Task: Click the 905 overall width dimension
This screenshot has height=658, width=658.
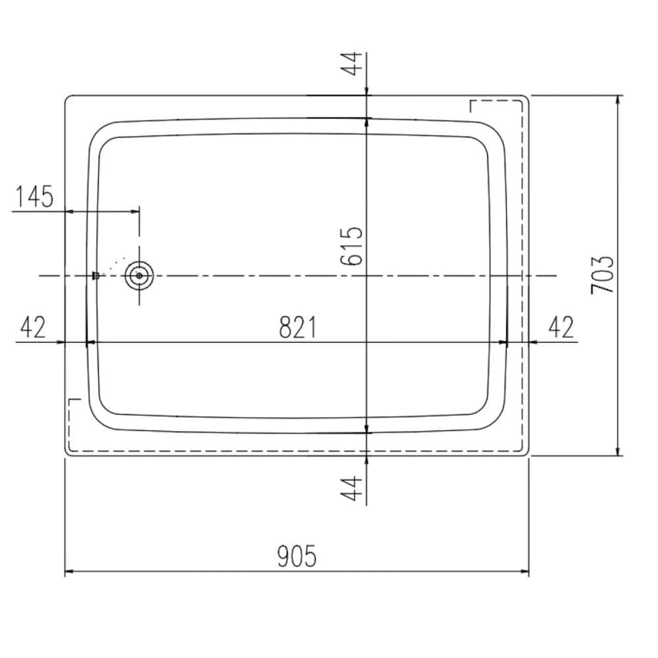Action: [x=297, y=555]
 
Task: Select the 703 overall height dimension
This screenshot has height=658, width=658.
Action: [x=602, y=274]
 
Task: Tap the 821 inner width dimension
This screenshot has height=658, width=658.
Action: [x=298, y=327]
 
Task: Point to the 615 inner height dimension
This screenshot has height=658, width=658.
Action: [x=351, y=246]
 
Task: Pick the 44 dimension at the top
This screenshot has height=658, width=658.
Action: [x=351, y=63]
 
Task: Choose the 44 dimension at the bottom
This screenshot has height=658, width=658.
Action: [x=351, y=488]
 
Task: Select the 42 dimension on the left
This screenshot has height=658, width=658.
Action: [x=33, y=327]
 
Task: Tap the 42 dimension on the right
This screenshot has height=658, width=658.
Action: [x=561, y=327]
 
